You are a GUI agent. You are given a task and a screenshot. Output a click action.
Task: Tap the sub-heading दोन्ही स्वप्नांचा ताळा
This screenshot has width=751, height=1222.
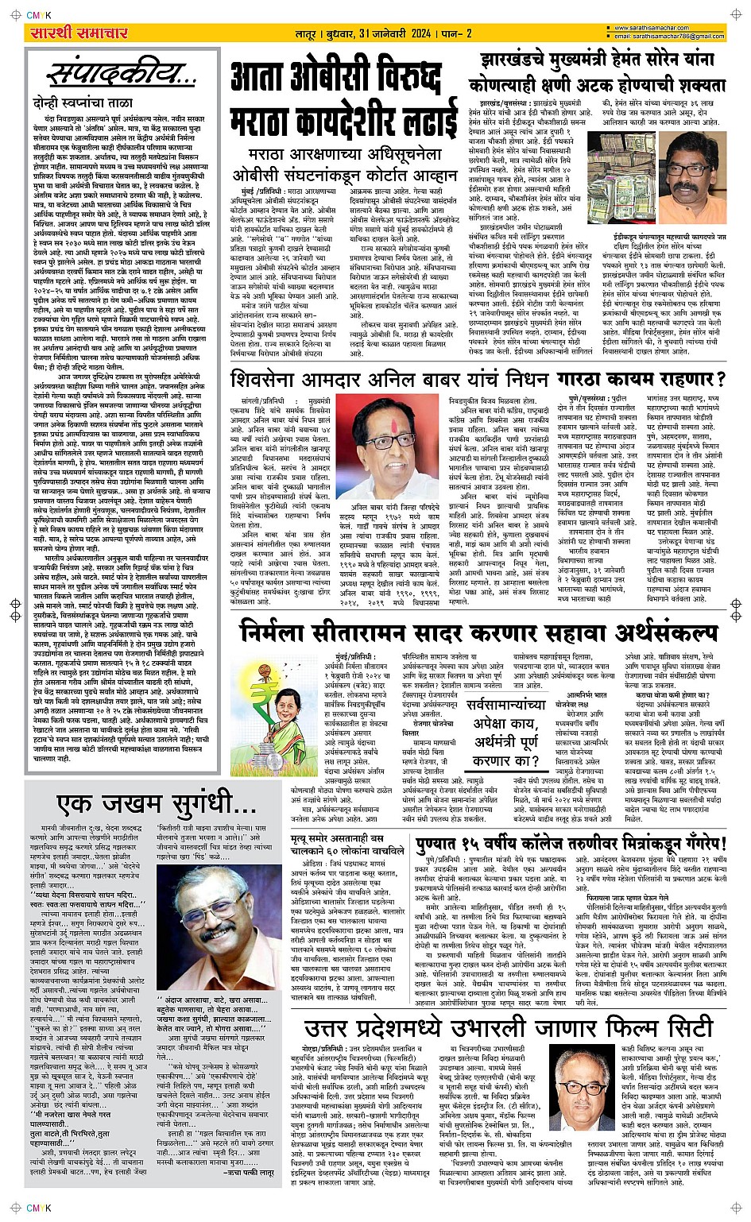(x=75, y=103)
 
